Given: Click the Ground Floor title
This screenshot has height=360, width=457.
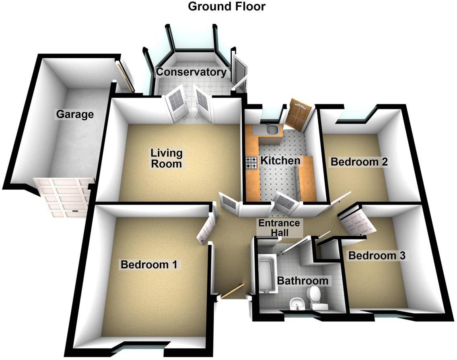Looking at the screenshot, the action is pyautogui.click(x=227, y=6).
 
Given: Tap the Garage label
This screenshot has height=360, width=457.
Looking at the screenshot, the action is pyautogui.click(x=75, y=114).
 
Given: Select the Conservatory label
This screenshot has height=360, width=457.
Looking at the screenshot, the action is pyautogui.click(x=191, y=72).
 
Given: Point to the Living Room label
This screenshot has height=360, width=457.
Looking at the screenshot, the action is pyautogui.click(x=167, y=158).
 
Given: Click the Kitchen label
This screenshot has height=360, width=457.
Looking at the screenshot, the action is pyautogui.click(x=280, y=161).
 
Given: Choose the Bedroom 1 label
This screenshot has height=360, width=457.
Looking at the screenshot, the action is pyautogui.click(x=149, y=265).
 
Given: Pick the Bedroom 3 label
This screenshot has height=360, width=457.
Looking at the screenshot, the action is pyautogui.click(x=377, y=255).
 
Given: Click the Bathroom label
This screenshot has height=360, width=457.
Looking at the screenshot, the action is pyautogui.click(x=303, y=281).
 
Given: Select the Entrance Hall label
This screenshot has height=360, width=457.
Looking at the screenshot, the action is pyautogui.click(x=279, y=228).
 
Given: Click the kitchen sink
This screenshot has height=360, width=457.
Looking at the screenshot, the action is pyautogui.click(x=273, y=130).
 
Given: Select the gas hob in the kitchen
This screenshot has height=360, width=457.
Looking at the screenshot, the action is pyautogui.click(x=252, y=163).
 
